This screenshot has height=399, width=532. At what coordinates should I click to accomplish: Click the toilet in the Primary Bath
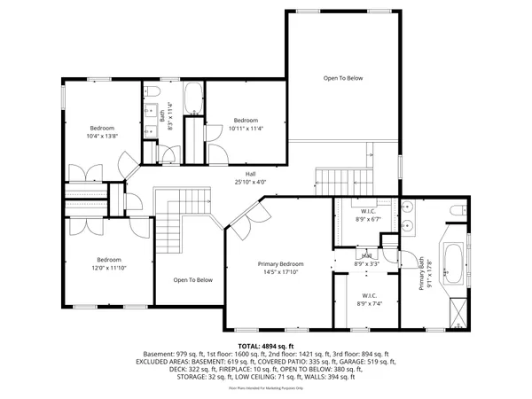456,210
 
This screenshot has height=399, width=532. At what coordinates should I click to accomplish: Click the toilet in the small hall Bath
152,92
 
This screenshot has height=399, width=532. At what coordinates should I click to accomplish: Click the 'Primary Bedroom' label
280,264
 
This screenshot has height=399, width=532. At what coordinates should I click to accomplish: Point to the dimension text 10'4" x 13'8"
102,136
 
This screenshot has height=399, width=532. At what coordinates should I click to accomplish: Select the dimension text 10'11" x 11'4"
246,129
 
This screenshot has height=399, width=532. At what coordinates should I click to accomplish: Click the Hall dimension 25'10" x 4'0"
251,182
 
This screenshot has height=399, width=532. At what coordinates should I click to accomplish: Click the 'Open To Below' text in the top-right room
342,78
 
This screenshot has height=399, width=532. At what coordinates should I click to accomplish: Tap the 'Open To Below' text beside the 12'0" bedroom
192,280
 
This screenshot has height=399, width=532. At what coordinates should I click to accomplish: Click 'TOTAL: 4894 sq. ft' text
266,345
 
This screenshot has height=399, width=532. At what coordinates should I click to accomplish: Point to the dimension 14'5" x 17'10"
280,273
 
